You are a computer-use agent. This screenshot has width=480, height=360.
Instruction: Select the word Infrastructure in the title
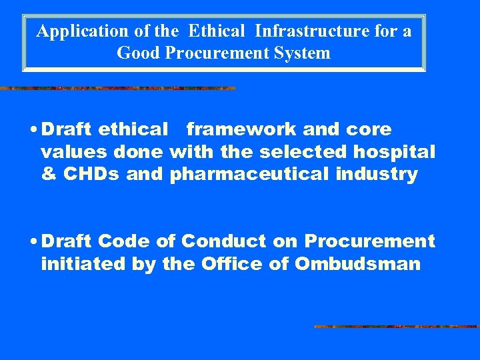point(297,31)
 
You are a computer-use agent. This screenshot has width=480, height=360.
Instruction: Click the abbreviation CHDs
point(87,175)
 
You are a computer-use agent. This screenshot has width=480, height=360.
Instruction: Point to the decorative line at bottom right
point(397,327)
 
